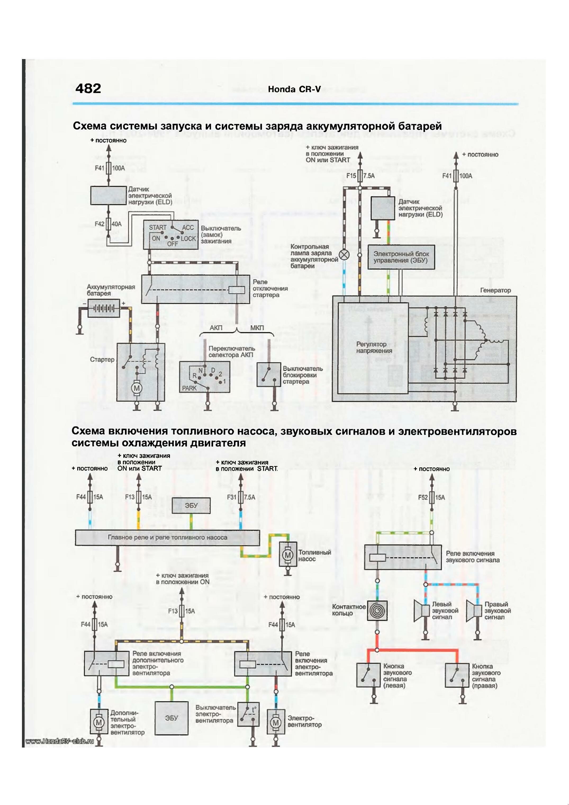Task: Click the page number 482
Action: click(x=88, y=88)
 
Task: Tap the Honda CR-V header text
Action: click(x=294, y=90)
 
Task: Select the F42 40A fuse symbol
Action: click(x=109, y=224)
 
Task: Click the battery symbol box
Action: click(x=104, y=308)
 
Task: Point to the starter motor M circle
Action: click(x=137, y=388)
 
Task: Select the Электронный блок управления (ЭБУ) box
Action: click(x=401, y=257)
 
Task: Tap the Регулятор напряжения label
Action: click(x=374, y=347)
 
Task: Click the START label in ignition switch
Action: click(x=158, y=227)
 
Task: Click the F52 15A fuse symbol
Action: click(x=432, y=498)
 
